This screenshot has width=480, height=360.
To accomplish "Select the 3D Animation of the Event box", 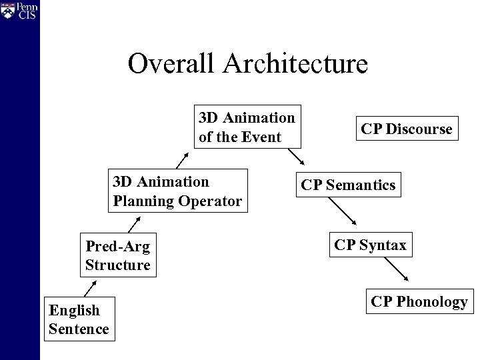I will [x=247, y=127].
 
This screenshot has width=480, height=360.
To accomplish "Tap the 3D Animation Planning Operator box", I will [x=177, y=191].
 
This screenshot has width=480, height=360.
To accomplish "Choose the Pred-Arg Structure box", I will [x=118, y=256].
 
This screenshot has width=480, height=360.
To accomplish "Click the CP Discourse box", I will [x=407, y=128].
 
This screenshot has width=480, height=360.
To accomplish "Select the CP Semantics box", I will [x=348, y=185].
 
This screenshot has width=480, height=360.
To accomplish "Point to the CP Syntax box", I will [x=370, y=245].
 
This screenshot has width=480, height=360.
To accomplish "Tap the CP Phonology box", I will [x=419, y=302].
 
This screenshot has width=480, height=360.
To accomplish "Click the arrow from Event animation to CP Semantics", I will [x=295, y=156].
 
